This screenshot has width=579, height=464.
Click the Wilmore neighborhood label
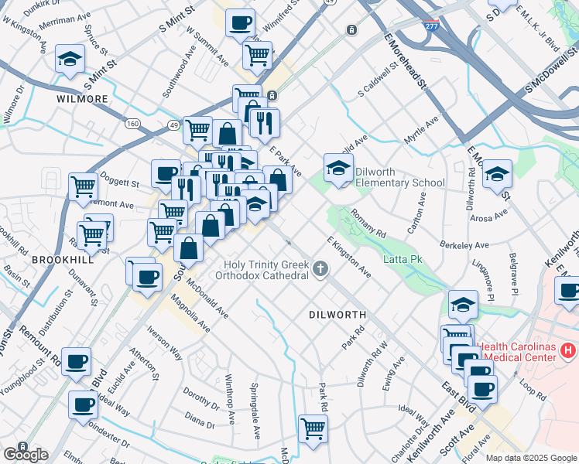click(x=82, y=100)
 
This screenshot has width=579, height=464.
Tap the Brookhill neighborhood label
click(x=62, y=261)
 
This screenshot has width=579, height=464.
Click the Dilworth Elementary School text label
click(x=399, y=177)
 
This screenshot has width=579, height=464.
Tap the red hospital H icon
click(x=568, y=351)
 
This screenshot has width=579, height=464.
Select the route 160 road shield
click(x=133, y=123)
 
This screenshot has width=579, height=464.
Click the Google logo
click(x=26, y=455)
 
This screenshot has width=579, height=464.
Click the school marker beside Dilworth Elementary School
click(x=338, y=168)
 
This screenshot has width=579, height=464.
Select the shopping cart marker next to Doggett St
click(x=83, y=186)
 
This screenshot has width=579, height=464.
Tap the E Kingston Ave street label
click(x=348, y=258)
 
